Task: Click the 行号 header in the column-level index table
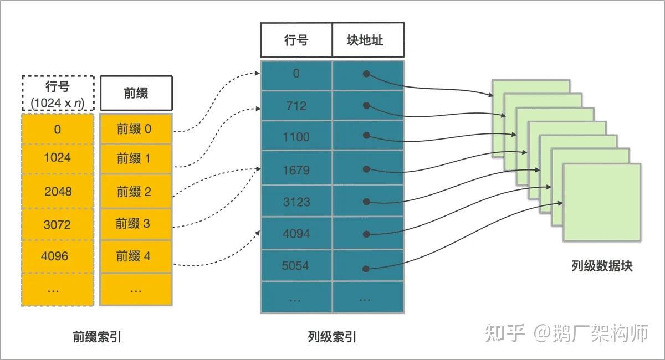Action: click(x=296, y=40)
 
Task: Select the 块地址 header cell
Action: click(x=368, y=40)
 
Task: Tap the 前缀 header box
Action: click(x=136, y=92)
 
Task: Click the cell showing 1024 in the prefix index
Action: click(x=57, y=157)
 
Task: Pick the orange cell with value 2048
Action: click(x=57, y=191)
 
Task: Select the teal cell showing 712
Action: click(x=296, y=105)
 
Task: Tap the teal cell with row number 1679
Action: click(x=296, y=169)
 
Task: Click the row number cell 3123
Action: click(x=296, y=202)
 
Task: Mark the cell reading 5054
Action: click(x=296, y=266)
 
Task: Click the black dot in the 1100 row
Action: click(x=366, y=135)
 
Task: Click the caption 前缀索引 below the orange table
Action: click(x=97, y=336)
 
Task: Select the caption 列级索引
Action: click(x=332, y=336)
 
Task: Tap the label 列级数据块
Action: click(x=601, y=266)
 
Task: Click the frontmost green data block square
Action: click(x=601, y=202)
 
